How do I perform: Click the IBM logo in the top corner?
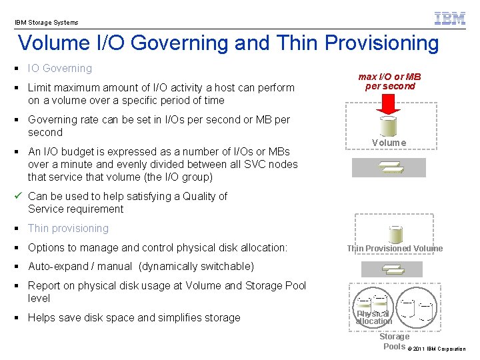coord(450,18)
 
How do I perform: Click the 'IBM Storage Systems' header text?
coord(47,22)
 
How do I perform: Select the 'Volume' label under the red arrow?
coord(389,143)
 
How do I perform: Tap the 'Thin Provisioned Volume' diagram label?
coord(394,249)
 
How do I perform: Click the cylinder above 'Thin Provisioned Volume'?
coord(395,233)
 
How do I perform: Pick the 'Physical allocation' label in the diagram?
coord(373,317)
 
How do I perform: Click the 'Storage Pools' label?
coord(394,341)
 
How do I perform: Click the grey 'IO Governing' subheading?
coord(60,68)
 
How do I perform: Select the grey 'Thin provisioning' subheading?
coord(68,228)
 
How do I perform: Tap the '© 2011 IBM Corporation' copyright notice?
coord(437,349)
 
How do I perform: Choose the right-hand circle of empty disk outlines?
coord(417,307)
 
